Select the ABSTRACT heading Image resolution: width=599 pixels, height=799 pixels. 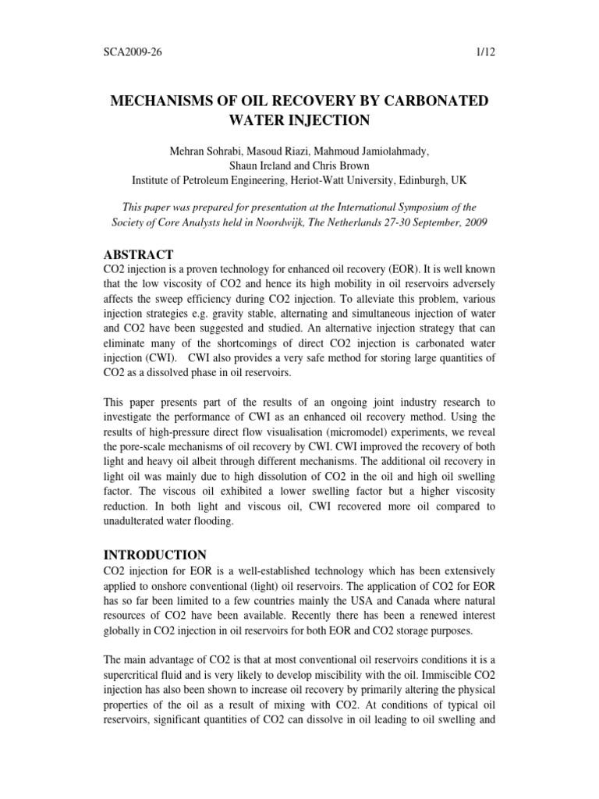click(139, 254)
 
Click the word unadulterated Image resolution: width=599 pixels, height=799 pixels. click(137, 521)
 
